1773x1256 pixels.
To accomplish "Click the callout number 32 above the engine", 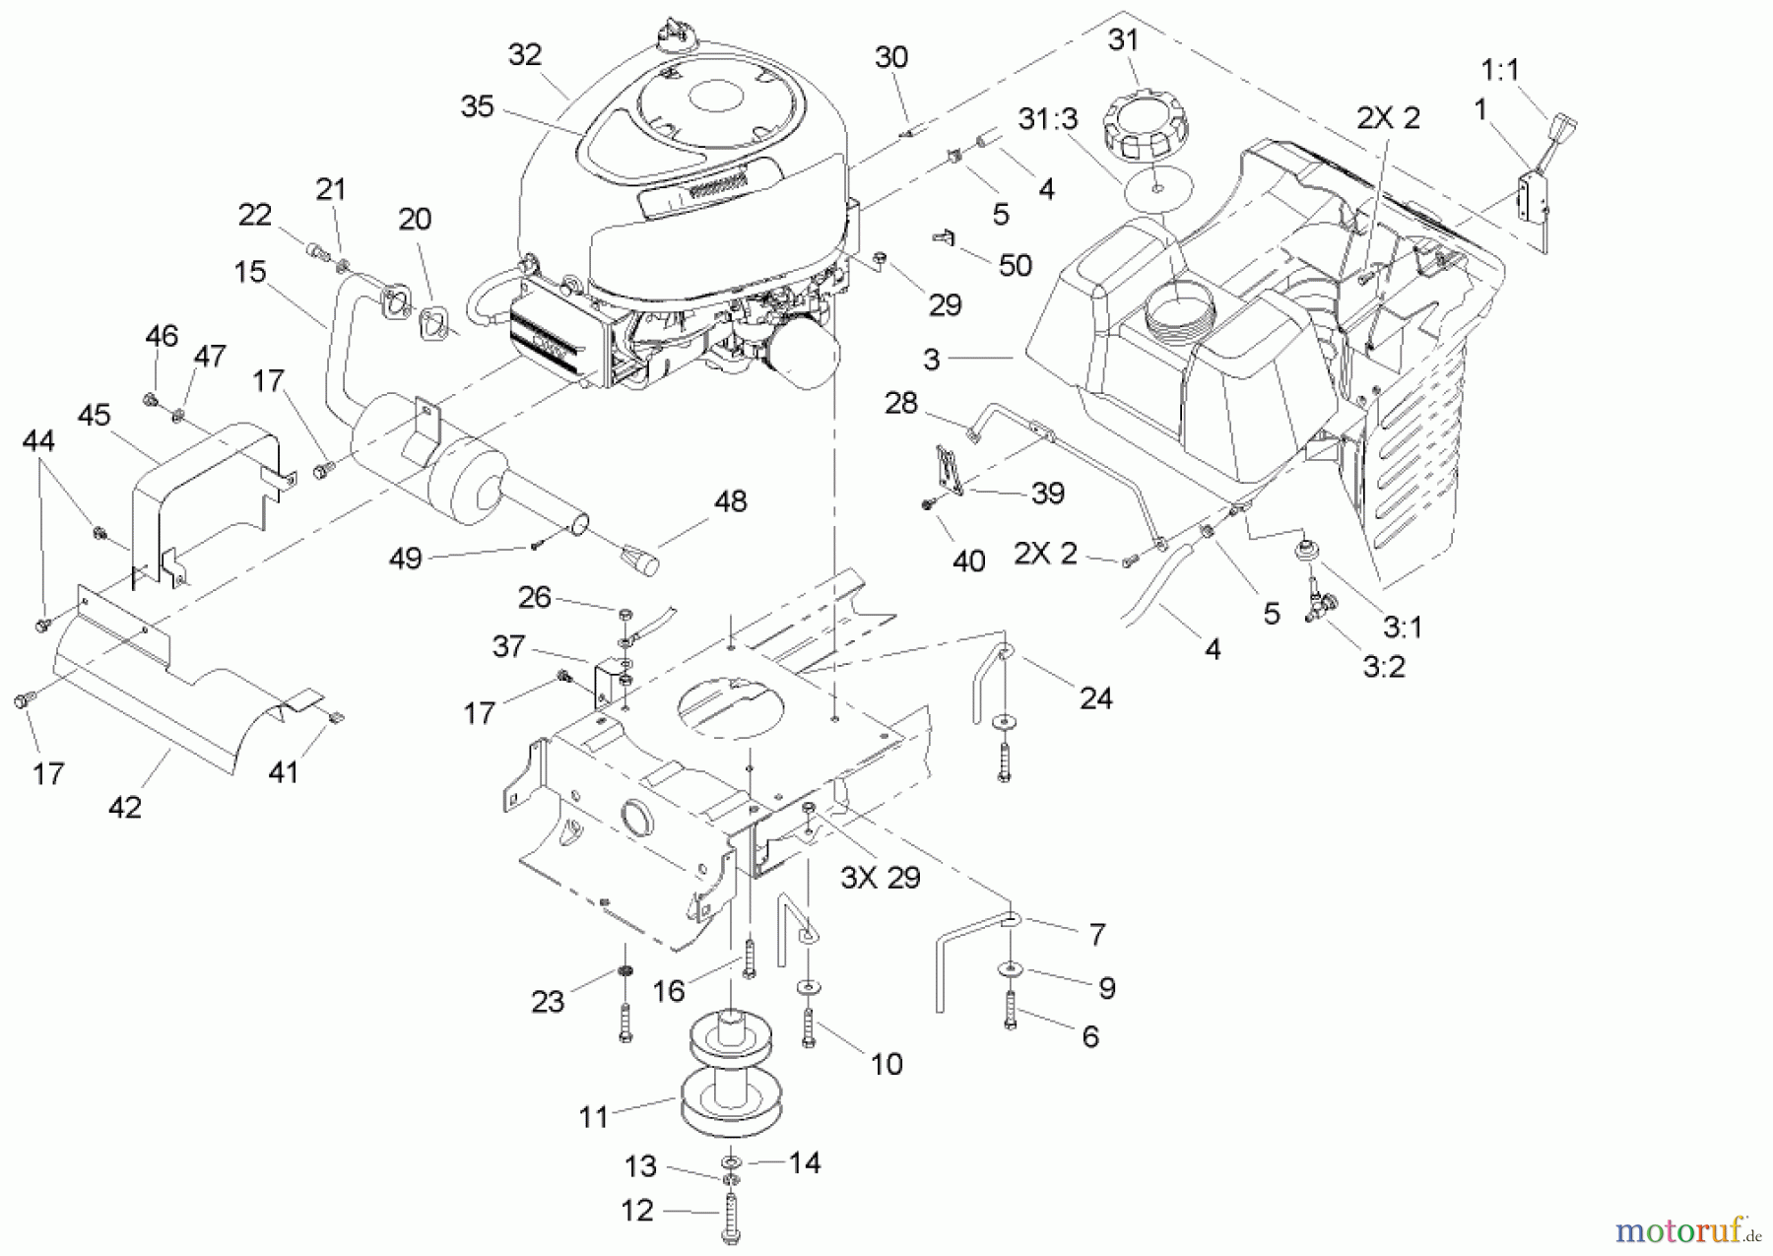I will [525, 55].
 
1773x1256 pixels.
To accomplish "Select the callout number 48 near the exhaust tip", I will [730, 501].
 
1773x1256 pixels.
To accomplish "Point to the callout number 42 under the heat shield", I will [125, 807].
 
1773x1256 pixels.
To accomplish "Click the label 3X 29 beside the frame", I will [880, 878].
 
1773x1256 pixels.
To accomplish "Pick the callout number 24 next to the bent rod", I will [1095, 698].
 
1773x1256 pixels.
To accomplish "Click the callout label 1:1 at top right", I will [1500, 70].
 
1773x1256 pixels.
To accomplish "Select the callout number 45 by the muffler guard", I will [94, 416].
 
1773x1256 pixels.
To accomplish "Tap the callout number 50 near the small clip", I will [1015, 265].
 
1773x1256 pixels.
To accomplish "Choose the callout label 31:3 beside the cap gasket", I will [1048, 119].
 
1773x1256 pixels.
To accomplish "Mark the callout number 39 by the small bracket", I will [1047, 494].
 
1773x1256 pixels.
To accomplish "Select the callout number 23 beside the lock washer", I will [548, 1002].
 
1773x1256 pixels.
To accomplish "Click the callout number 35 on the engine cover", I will [477, 106].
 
